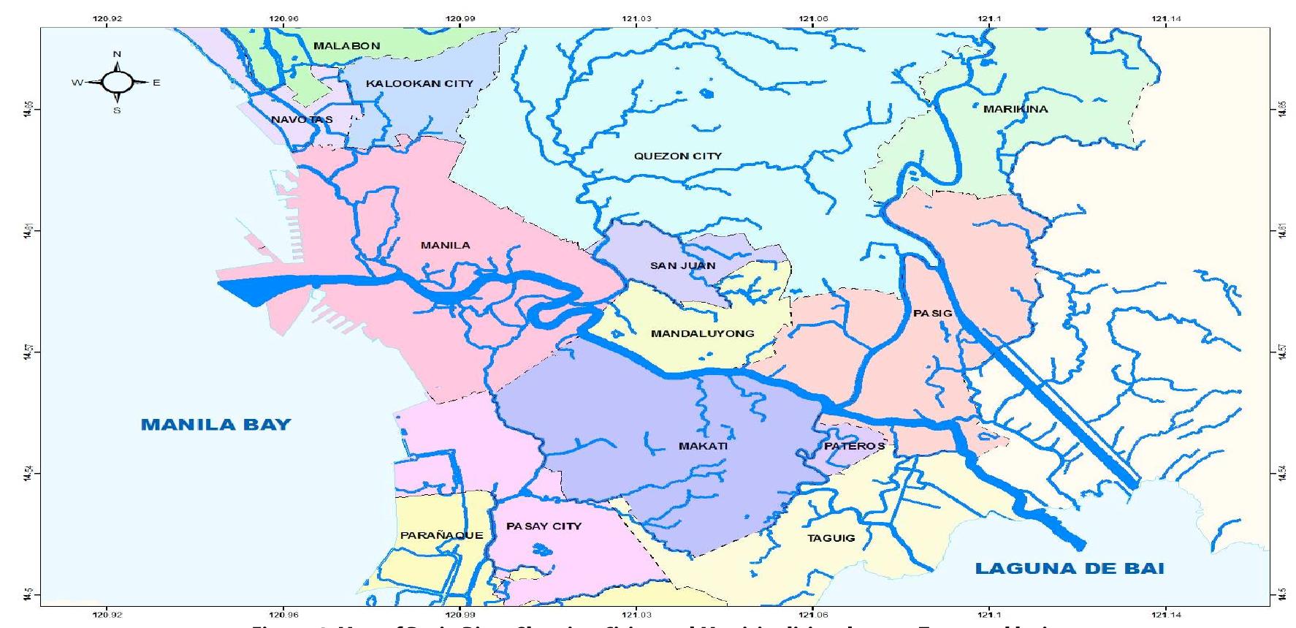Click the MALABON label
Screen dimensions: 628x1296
point(346,45)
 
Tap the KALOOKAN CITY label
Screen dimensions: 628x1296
point(419,84)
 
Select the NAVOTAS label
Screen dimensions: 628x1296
point(302,119)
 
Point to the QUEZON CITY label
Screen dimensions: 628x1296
point(677,156)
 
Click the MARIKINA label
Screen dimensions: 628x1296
point(1015,109)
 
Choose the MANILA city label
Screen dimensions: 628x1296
point(445,245)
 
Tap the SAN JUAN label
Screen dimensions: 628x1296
point(682,265)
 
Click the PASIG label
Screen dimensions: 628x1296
point(932,313)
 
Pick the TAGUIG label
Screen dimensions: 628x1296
point(831,538)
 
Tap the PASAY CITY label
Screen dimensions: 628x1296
point(544,526)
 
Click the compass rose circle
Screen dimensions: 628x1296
point(117,83)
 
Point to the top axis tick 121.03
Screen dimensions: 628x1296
point(636,18)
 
